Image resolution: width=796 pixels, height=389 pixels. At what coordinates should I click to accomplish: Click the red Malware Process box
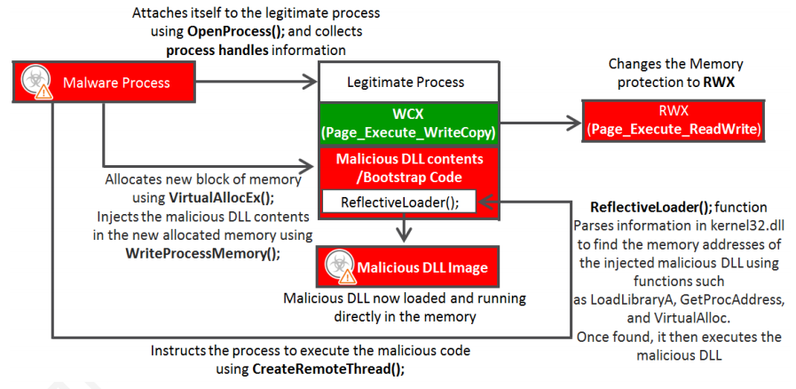click(104, 83)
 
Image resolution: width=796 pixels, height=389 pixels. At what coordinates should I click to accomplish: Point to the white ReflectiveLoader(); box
click(400, 202)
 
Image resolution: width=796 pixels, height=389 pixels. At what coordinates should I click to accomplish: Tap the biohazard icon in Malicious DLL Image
click(337, 264)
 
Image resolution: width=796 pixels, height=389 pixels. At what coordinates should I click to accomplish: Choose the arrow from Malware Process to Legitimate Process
click(257, 83)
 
